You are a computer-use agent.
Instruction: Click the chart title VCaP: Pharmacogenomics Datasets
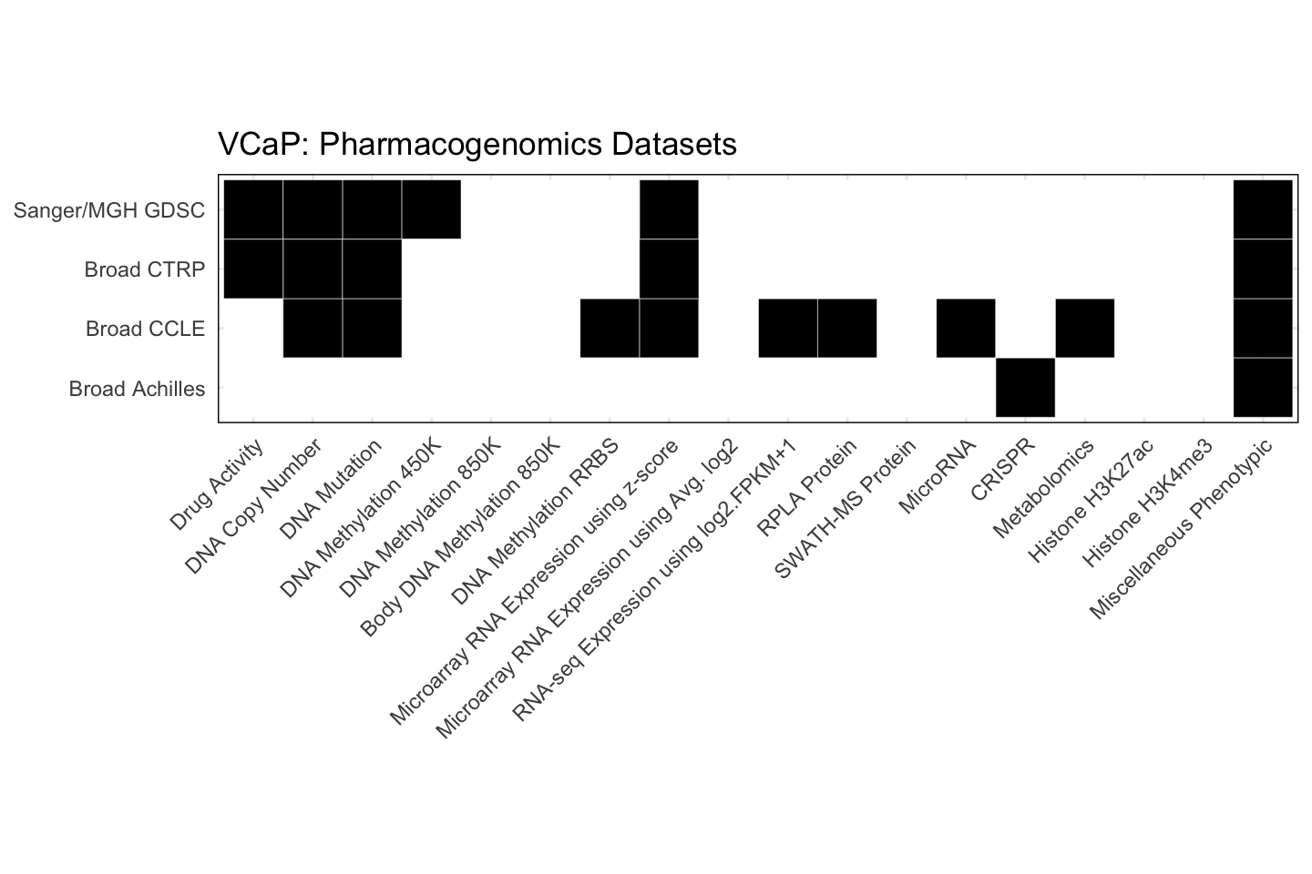[477, 145]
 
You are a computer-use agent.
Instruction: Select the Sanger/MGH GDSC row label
[109, 211]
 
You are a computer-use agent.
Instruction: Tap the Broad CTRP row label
[145, 270]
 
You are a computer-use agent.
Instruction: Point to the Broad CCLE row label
[146, 330]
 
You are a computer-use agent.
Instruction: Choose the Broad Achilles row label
[138, 390]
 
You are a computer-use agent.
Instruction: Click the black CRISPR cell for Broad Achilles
[1025, 388]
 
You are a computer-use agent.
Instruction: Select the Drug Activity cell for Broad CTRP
[253, 269]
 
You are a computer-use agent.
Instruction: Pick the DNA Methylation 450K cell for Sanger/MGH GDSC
[431, 209]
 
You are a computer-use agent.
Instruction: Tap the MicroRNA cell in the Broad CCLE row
[966, 328]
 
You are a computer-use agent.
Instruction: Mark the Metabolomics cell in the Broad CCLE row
[1085, 328]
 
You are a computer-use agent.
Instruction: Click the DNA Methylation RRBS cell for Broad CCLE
[610, 328]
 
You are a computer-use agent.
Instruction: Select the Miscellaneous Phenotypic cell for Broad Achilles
[1263, 388]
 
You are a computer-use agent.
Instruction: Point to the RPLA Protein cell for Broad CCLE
[847, 328]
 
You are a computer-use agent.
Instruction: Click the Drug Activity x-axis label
[218, 483]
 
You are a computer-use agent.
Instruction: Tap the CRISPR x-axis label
[1003, 470]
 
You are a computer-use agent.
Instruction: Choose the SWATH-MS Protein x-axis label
[845, 509]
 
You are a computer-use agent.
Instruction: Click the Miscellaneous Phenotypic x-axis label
[1181, 529]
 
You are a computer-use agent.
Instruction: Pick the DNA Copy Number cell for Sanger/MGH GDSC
[313, 209]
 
